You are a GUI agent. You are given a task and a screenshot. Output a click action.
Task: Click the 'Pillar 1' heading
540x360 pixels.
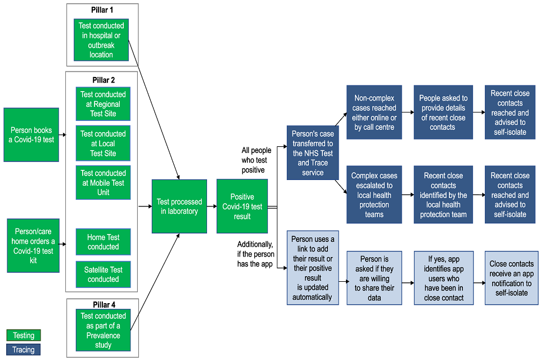[x=102, y=11]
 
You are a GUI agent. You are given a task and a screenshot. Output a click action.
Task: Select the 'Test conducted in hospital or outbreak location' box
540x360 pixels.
[x=101, y=39]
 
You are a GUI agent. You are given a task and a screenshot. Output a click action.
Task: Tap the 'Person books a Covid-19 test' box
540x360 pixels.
[x=31, y=135]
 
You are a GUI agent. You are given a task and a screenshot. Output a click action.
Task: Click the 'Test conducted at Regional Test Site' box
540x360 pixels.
[x=103, y=104]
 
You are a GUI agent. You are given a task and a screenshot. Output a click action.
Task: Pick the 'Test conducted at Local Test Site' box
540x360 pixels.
[x=103, y=143]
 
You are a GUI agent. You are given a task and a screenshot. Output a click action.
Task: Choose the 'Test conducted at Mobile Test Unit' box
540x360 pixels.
[x=103, y=183]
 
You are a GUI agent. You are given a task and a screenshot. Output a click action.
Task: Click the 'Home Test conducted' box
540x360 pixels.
[x=103, y=242]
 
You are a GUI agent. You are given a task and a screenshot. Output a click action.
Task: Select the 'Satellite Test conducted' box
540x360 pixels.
[x=103, y=274]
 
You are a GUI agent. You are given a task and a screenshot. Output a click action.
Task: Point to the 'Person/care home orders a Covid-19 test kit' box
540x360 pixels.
[x=33, y=246]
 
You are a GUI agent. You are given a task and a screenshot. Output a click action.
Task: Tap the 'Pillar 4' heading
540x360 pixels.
[x=102, y=305]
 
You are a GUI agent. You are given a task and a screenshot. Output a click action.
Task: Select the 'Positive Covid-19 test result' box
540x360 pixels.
[x=242, y=206]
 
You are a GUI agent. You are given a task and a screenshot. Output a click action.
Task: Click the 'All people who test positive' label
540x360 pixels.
[x=256, y=160]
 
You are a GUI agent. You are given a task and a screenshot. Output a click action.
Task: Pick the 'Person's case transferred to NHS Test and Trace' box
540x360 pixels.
[x=313, y=153]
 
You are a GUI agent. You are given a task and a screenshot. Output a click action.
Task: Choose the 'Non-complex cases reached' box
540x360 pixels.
[x=374, y=112]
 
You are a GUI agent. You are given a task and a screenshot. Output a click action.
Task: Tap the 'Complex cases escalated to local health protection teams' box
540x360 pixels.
[x=374, y=195]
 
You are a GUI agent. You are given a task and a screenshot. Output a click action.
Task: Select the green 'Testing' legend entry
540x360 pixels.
[x=24, y=335]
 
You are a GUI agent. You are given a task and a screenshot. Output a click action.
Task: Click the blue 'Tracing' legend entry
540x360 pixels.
[x=24, y=350]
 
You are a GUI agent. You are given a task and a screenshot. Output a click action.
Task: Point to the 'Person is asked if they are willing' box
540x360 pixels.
[x=374, y=278]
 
